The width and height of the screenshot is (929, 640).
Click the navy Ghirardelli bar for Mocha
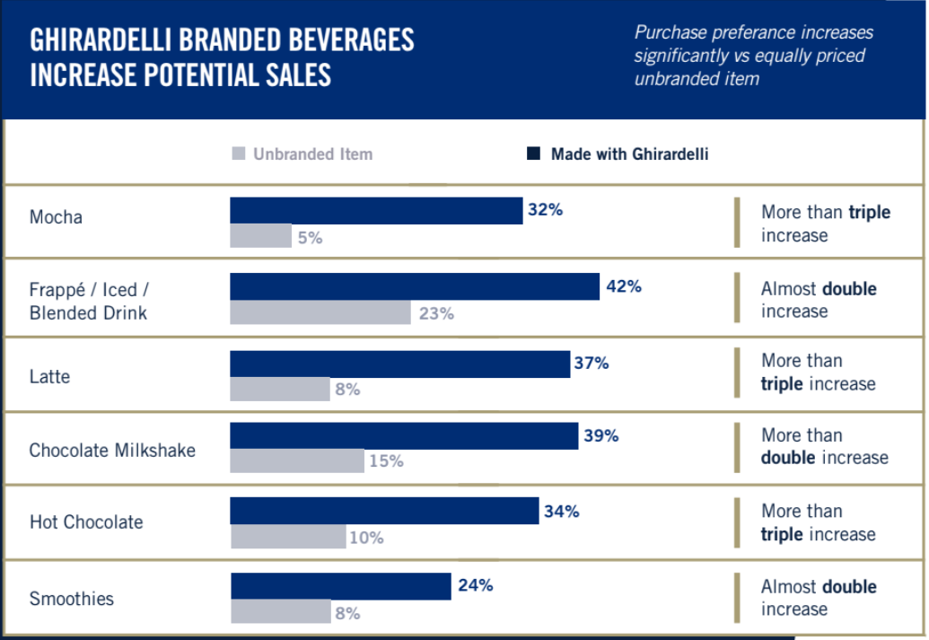coord(376,211)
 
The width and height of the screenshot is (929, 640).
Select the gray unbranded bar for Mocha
coord(260,236)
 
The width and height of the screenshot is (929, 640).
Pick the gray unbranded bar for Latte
coord(280,390)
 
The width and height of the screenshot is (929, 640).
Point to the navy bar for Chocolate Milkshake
coord(404,436)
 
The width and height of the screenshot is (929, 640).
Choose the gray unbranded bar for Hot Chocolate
coord(288,537)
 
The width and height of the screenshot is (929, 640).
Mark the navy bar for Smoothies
coord(341,586)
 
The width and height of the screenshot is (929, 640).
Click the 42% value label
coord(624,286)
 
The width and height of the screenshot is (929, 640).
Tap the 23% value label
coord(436,313)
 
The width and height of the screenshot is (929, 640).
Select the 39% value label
coord(601,435)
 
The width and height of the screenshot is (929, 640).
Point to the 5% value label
coord(310,238)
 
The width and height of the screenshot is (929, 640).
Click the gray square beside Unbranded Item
coord(238,153)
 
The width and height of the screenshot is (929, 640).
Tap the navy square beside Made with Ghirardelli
coord(533,154)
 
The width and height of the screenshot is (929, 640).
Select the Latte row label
coord(49,376)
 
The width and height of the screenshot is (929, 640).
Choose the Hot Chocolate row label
coord(86,522)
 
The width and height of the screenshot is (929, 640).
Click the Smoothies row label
coord(72,599)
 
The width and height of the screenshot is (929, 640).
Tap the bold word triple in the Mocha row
coord(869,213)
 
